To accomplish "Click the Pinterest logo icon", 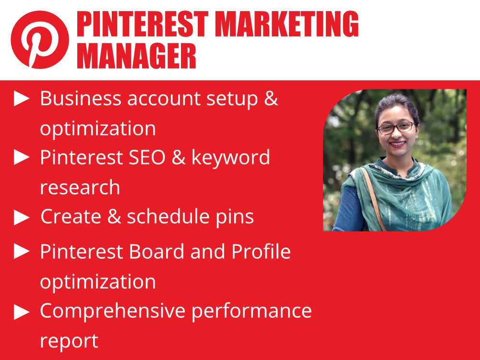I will (40, 40).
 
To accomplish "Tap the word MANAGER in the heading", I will (136, 56).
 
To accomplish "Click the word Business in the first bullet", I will (81, 98).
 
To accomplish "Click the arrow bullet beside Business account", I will (22, 99).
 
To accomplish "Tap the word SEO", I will (145, 157).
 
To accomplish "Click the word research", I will (80, 188).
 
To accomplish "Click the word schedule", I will (161, 217).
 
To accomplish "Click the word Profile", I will (261, 251).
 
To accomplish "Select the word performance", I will (252, 311).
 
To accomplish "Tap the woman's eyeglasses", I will (396, 128).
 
